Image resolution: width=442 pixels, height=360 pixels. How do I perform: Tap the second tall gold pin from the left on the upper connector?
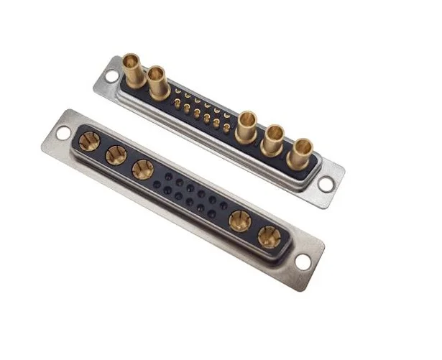tap(157, 80)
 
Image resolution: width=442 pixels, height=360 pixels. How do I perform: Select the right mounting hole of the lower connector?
tap(303, 262)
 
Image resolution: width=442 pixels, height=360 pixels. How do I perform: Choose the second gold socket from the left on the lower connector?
tap(115, 154)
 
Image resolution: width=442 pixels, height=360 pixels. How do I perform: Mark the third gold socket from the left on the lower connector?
tap(141, 168)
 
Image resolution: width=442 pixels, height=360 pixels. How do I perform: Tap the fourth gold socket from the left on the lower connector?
tap(239, 221)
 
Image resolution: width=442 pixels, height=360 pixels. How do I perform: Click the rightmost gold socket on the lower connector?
tap(268, 236)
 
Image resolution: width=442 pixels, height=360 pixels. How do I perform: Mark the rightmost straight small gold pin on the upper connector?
tap(227, 134)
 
